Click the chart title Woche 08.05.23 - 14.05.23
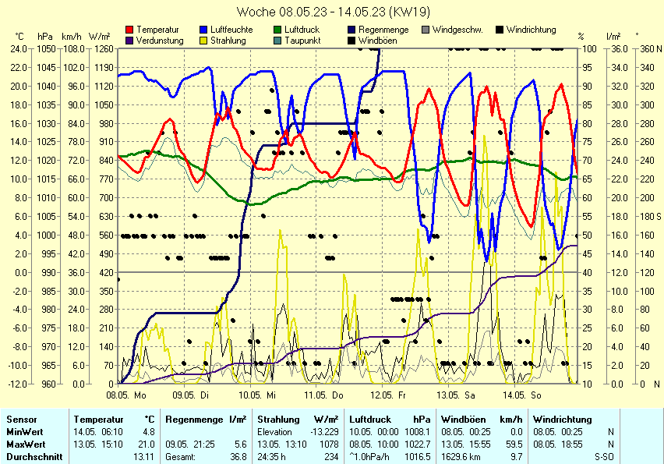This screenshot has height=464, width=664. click(331, 12)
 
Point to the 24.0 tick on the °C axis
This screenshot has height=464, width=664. click(19, 48)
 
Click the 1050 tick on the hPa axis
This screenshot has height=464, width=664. click(45, 48)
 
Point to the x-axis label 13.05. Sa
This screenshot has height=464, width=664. click(455, 395)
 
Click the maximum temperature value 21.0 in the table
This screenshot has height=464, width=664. click(147, 444)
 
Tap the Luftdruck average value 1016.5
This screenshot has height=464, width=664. click(418, 456)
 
